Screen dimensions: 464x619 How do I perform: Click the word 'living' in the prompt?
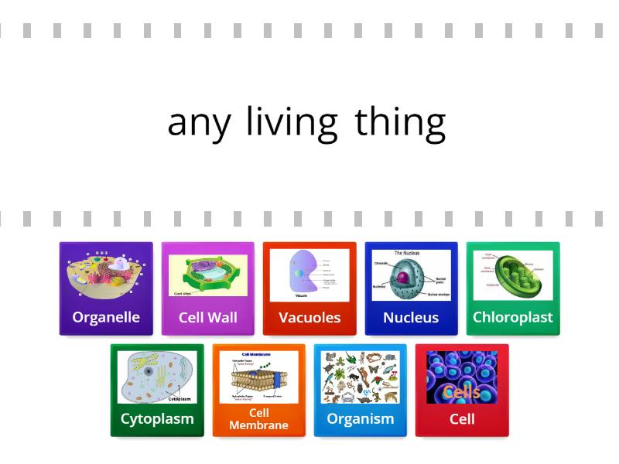[292, 122]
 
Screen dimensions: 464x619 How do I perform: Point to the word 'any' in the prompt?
[199, 124]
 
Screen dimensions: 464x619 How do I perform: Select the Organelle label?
[106, 317]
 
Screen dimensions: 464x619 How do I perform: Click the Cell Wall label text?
[208, 317]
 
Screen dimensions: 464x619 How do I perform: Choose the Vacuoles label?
[309, 318]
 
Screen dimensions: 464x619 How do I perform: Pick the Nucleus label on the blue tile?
[411, 318]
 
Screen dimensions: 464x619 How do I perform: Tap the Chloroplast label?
[512, 317]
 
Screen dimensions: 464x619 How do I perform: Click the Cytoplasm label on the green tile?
[157, 419]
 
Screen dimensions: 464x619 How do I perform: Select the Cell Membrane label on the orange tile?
[258, 419]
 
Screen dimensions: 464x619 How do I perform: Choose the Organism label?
[360, 419]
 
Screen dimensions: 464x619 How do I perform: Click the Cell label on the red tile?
[462, 419]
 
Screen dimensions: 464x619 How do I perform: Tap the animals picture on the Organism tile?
[360, 377]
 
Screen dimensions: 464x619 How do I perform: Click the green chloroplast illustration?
[512, 275]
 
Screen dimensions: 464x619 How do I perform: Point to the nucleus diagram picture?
[411, 275]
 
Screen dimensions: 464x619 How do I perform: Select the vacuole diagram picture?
[309, 275]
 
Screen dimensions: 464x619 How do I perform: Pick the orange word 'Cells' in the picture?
[462, 393]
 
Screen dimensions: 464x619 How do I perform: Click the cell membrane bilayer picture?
[258, 377]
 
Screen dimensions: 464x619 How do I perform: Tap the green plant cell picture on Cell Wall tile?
[208, 274]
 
